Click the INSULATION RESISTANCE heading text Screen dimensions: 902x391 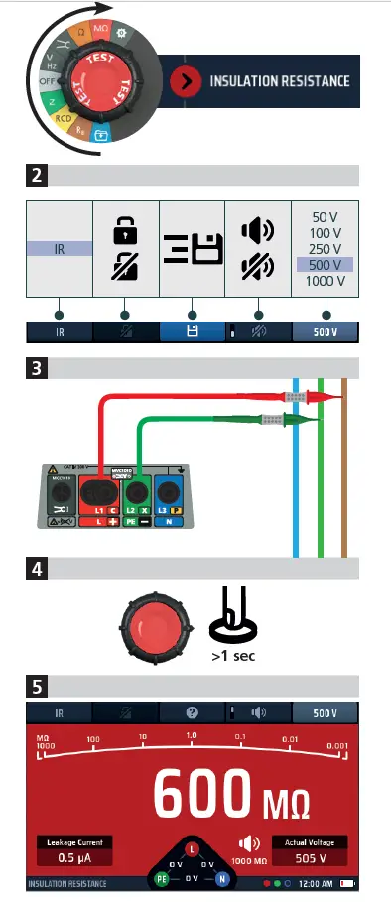pos(279,80)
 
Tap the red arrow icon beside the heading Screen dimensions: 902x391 pos(185,80)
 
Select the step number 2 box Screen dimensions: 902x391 pos(36,177)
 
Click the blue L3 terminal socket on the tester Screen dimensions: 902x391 pos(172,491)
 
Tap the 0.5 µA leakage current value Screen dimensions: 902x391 pos(75,857)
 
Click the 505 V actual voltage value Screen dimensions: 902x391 pos(311,857)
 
